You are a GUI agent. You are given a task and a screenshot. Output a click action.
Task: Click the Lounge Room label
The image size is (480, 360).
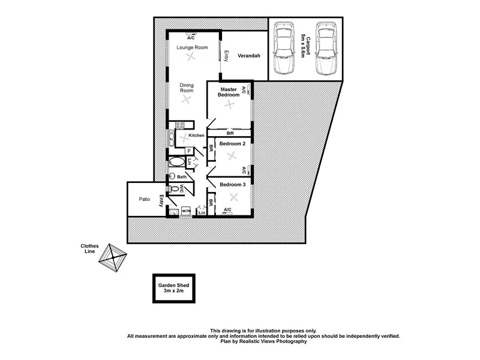pyautogui.click(x=192, y=47)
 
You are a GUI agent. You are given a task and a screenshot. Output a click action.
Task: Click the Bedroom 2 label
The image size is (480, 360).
pyautogui.click(x=232, y=144)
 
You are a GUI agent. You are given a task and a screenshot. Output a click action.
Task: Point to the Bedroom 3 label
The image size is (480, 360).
pyautogui.click(x=232, y=184)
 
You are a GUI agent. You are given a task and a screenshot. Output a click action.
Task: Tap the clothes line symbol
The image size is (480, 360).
pyautogui.click(x=112, y=258)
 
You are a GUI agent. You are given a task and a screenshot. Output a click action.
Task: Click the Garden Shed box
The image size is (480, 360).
pyautogui.click(x=173, y=289)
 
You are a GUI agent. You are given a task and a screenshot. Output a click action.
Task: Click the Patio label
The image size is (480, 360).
pyautogui.click(x=144, y=199)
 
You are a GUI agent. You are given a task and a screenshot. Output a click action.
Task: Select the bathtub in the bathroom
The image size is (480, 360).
pyautogui.click(x=177, y=162)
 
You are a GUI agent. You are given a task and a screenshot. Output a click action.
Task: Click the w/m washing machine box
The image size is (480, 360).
pyautogui.click(x=185, y=211)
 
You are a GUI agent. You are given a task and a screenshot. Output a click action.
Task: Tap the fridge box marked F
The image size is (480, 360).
pyautogui.click(x=189, y=151)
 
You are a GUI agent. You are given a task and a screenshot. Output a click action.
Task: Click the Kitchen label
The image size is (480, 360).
pyautogui.click(x=197, y=136)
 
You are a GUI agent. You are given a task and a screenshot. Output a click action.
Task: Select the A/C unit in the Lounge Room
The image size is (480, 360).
pyautogui.click(x=191, y=33)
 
